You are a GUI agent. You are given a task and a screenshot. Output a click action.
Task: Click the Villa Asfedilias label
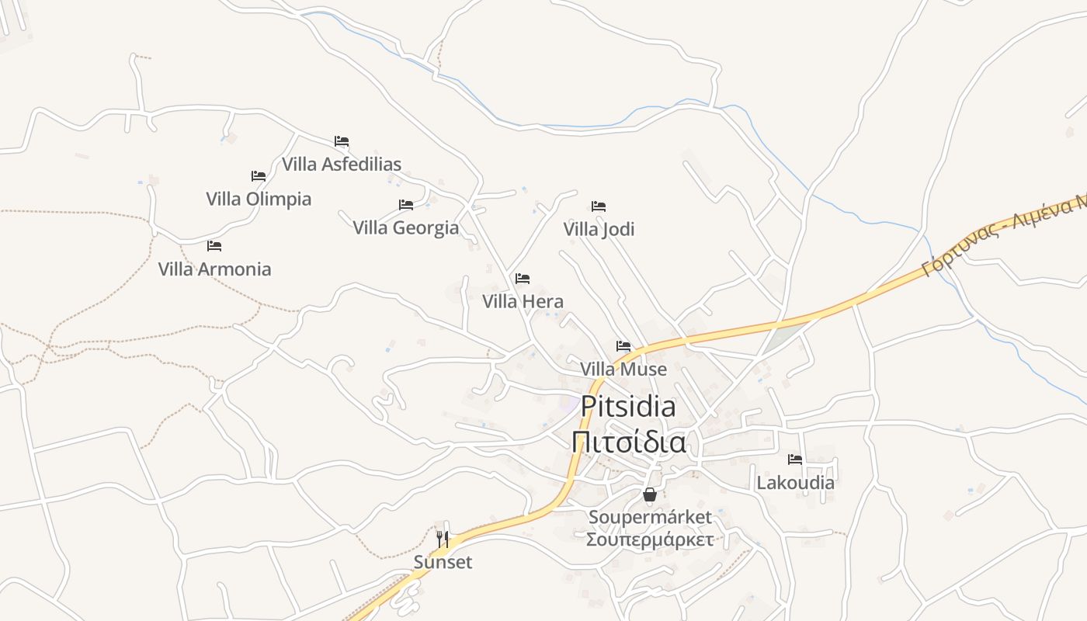point(342,164)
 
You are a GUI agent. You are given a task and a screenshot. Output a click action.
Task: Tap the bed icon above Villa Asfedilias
point(342,141)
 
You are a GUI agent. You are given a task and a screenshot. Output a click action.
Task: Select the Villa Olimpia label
point(259,199)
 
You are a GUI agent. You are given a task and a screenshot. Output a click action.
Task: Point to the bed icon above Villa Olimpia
point(259,176)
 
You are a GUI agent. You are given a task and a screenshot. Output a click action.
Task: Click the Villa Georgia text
point(406,227)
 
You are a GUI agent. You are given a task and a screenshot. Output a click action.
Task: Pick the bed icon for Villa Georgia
point(406,205)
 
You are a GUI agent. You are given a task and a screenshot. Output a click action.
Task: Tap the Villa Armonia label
point(214,269)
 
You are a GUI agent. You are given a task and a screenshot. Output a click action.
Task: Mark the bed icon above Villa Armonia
point(214,246)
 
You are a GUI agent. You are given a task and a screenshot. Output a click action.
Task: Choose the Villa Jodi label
point(599,229)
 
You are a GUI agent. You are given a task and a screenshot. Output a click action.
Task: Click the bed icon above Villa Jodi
point(599,206)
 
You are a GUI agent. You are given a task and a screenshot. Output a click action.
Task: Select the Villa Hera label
point(523,301)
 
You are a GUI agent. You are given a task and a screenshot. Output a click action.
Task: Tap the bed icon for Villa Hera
point(523,279)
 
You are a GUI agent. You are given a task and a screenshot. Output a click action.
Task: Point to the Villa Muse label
point(623,369)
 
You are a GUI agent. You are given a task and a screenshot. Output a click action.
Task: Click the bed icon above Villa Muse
point(623,346)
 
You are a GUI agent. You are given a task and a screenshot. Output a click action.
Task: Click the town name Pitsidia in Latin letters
point(628,406)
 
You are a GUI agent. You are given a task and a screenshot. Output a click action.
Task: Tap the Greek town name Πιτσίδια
point(628,442)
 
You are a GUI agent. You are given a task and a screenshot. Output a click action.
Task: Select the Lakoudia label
point(795,482)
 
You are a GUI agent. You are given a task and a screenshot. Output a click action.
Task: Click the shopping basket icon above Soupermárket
point(650,494)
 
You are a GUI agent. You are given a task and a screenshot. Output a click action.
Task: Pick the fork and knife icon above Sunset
point(443,539)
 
